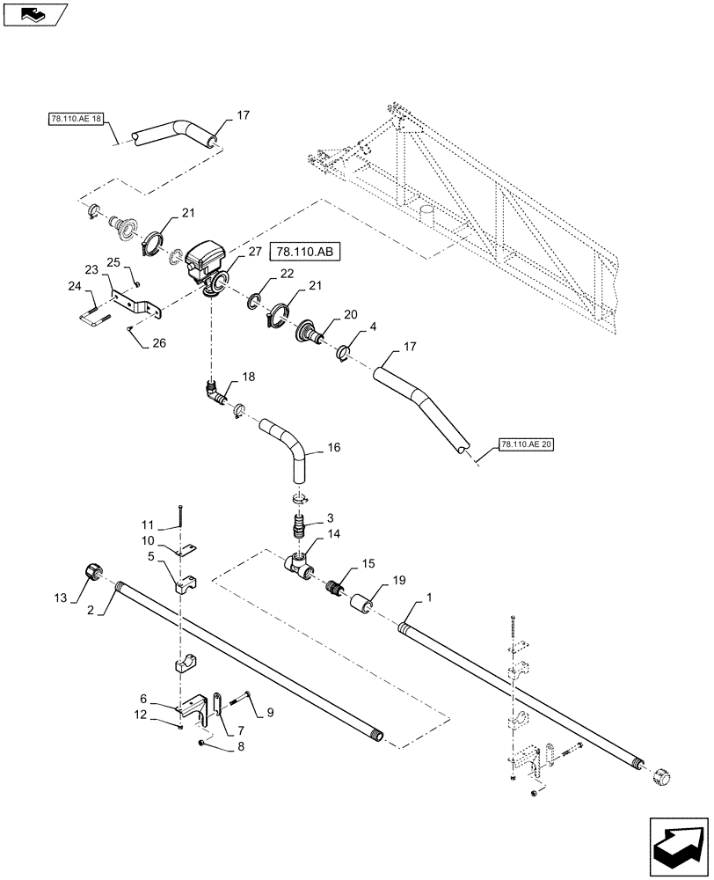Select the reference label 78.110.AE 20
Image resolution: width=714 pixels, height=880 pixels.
click(x=527, y=445)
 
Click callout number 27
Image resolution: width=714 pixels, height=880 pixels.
click(x=254, y=252)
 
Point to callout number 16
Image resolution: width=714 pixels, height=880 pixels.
click(x=333, y=448)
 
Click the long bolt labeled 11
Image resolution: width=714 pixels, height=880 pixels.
click(x=179, y=518)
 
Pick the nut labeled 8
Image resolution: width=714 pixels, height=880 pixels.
click(x=201, y=744)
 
